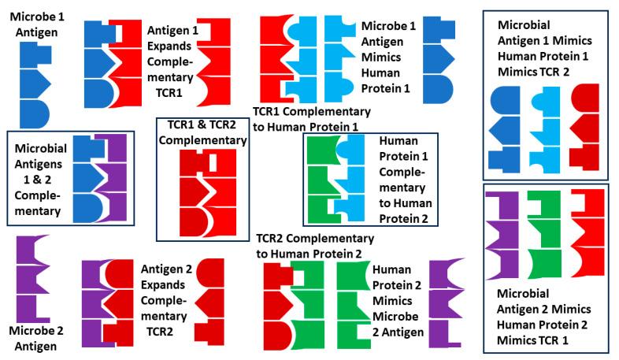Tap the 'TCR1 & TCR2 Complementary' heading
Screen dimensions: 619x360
pyautogui.click(x=202, y=132)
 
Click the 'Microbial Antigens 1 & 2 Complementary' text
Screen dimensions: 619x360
pyautogui.click(x=40, y=180)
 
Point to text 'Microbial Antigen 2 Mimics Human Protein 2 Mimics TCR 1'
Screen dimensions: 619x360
pyautogui.click(x=543, y=315)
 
